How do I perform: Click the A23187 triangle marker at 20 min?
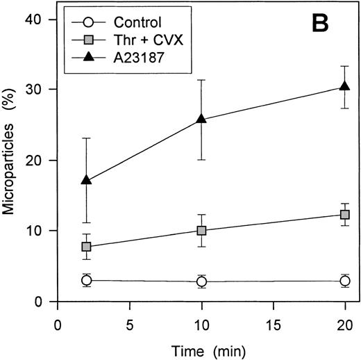click(344, 86)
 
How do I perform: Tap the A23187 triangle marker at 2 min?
click(86, 180)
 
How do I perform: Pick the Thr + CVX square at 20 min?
click(344, 215)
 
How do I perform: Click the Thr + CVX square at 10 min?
click(201, 230)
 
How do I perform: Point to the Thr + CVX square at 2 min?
click(86, 247)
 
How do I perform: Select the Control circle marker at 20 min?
click(344, 281)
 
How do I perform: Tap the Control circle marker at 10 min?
click(201, 281)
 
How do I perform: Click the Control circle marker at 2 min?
click(86, 280)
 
